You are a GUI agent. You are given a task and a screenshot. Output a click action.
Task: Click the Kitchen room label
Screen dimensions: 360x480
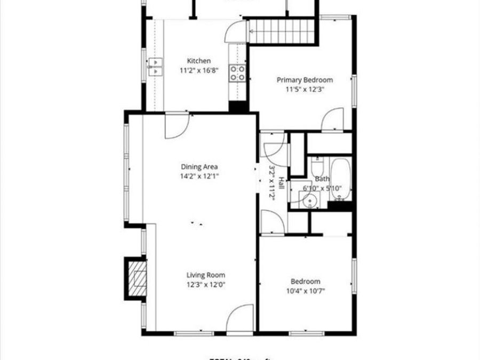(198, 61)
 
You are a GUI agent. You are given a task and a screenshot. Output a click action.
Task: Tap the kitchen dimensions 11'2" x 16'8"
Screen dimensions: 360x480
(198, 70)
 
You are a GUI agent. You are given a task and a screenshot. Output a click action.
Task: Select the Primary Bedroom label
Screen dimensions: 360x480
(305, 80)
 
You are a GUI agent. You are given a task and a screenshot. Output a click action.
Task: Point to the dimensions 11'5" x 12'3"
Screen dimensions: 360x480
(305, 90)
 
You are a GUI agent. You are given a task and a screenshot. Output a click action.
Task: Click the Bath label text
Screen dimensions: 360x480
(322, 179)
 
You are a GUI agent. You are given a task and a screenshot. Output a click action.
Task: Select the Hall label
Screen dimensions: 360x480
(281, 188)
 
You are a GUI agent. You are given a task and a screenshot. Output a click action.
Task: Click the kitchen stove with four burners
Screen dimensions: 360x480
(238, 73)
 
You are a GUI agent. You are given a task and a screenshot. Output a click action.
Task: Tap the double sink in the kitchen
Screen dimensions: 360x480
(155, 67)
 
